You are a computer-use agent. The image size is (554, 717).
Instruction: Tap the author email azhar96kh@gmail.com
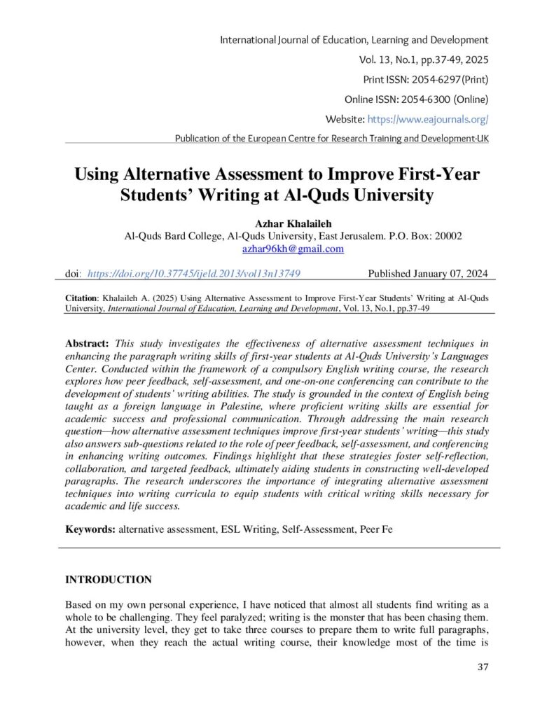click(x=292, y=249)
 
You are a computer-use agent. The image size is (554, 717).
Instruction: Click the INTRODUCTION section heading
click(x=108, y=580)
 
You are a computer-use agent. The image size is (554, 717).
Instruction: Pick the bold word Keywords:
click(x=90, y=529)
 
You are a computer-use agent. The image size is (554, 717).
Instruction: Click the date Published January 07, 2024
click(x=428, y=274)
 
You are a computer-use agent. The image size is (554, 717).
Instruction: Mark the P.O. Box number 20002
click(x=446, y=236)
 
